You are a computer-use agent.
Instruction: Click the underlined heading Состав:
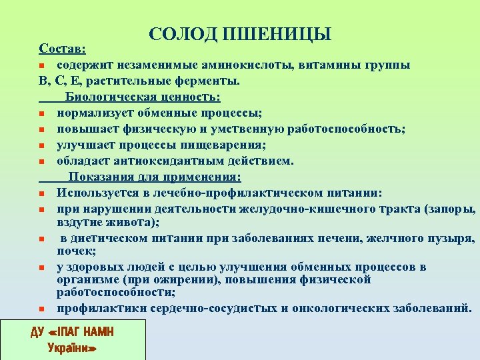pyautogui.click(x=62, y=49)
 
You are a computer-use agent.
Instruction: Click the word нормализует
pyautogui.click(x=94, y=113)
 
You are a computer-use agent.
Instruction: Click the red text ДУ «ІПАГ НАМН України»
pyautogui.click(x=73, y=339)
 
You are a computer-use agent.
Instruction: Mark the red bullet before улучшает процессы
pyautogui.click(x=41, y=145)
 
